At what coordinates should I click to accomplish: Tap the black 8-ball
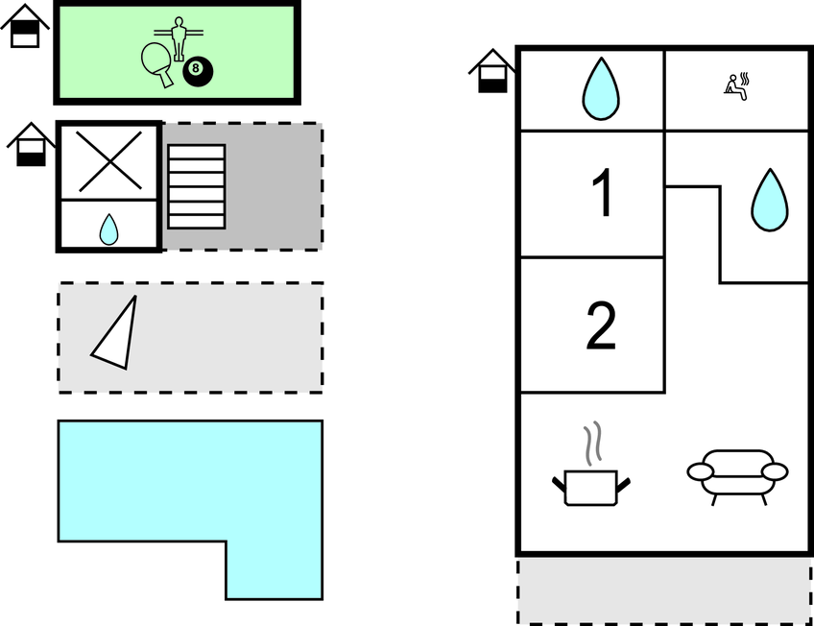point(198,71)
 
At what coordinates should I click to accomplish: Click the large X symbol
point(109,161)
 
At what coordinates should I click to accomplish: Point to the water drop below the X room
point(109,229)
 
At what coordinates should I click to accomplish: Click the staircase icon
point(197,186)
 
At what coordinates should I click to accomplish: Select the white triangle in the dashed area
point(115,333)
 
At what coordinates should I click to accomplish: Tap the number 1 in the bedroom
point(602,192)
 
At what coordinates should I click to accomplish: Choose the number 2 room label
point(601,325)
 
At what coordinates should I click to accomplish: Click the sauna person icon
point(737,86)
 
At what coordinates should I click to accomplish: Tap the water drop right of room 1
point(770,200)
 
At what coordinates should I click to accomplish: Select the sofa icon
point(737,476)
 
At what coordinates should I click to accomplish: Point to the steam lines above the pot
point(593,444)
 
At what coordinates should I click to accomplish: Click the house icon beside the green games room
point(25,26)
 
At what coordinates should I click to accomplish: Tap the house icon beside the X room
point(31,144)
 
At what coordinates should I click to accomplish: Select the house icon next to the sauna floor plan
point(492,71)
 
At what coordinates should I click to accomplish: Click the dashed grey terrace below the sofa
point(664,591)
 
